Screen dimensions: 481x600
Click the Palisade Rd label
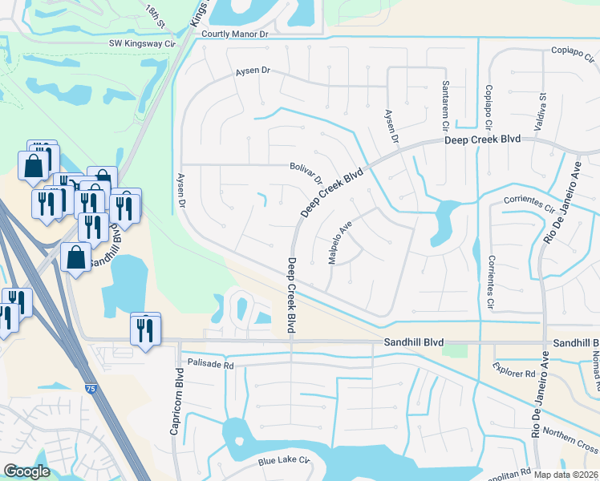[x=210, y=363]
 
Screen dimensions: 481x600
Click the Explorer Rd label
[x=519, y=374]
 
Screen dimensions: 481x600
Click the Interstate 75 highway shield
[x=89, y=388]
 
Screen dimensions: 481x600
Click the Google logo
[x=26, y=471]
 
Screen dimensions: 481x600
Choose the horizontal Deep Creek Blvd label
[x=483, y=139]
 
